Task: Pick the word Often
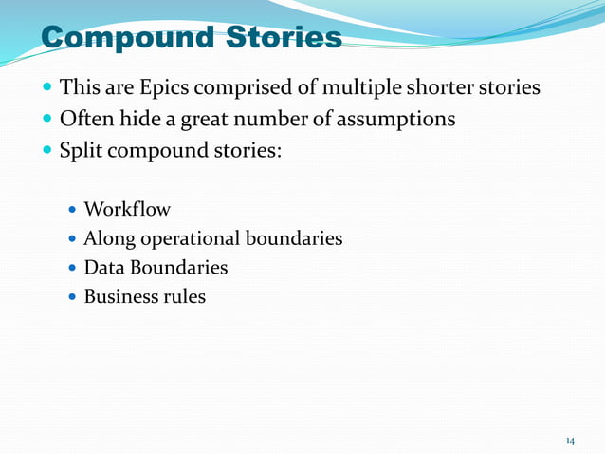[89, 120]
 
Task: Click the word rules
[184, 297]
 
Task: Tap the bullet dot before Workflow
[73, 210]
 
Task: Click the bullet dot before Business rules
[73, 298]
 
